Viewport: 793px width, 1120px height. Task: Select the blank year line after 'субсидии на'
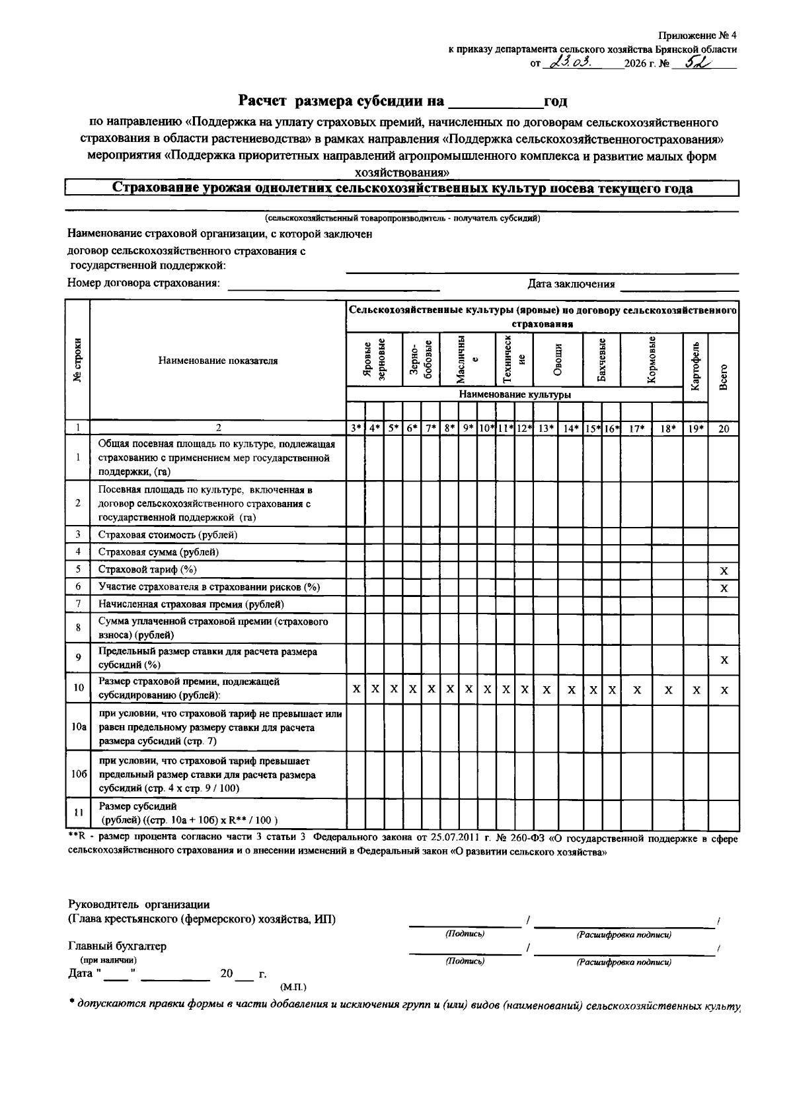tap(494, 102)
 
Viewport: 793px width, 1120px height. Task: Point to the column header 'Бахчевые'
tap(601, 360)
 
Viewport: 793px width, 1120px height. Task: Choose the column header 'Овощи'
tap(558, 360)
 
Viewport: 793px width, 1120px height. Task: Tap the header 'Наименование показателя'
tap(218, 361)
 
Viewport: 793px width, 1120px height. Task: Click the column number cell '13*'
tap(546, 429)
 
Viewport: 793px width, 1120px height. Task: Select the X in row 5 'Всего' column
tap(724, 571)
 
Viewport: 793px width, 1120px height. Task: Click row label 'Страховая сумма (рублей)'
tap(159, 552)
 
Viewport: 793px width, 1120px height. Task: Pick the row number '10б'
tap(78, 774)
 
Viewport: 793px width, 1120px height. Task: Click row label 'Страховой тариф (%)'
tap(147, 569)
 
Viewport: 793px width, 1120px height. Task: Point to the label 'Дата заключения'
tap(571, 284)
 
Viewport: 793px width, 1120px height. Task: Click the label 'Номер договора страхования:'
tap(143, 283)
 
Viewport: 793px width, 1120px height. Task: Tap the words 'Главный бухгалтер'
tap(117, 946)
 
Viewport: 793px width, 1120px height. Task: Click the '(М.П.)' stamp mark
tap(293, 987)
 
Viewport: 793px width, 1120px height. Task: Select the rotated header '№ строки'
tap(78, 361)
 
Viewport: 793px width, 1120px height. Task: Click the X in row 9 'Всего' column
tap(724, 660)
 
